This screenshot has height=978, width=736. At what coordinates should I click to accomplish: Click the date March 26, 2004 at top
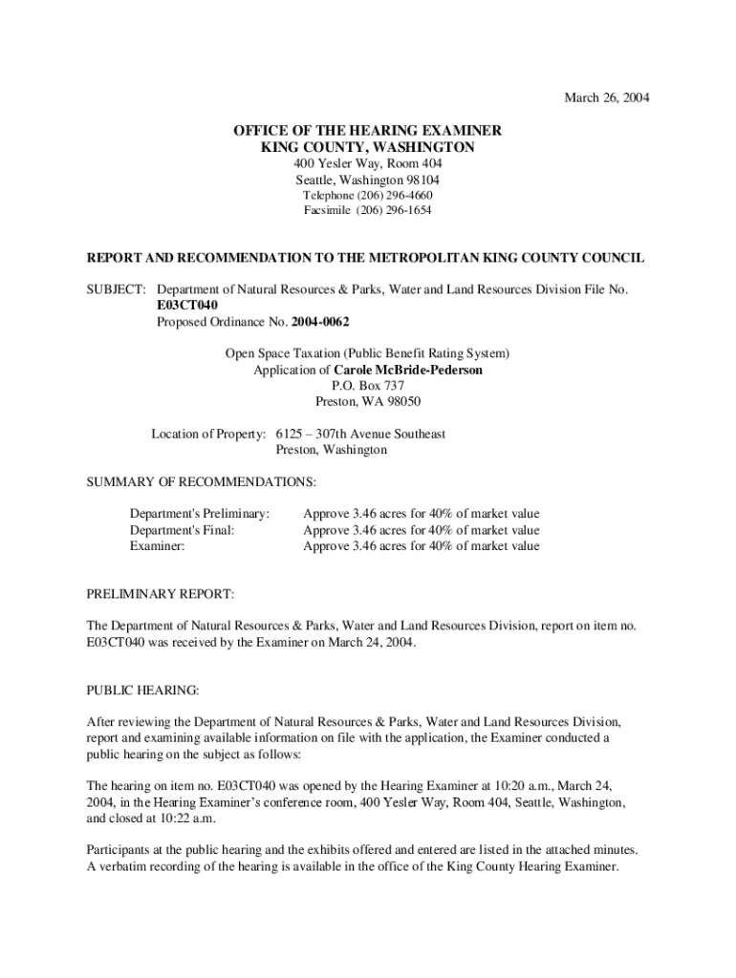[607, 98]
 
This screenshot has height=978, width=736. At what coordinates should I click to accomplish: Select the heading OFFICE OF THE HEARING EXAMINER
[368, 131]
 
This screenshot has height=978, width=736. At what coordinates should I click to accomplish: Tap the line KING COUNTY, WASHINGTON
[368, 147]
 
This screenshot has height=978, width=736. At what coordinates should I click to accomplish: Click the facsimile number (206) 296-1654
[393, 210]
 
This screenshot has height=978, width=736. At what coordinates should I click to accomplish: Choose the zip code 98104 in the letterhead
[421, 180]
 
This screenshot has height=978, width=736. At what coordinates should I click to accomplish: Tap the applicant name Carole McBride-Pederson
[407, 370]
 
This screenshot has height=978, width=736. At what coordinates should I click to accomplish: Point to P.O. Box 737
[368, 386]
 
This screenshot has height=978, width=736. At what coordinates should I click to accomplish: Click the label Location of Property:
[208, 434]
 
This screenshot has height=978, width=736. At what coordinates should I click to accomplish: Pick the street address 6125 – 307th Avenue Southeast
[360, 434]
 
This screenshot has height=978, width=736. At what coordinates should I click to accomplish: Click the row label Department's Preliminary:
[200, 514]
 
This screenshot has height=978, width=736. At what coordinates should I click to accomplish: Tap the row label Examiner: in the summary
[157, 546]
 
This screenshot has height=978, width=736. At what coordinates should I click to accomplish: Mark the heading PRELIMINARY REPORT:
[161, 594]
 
